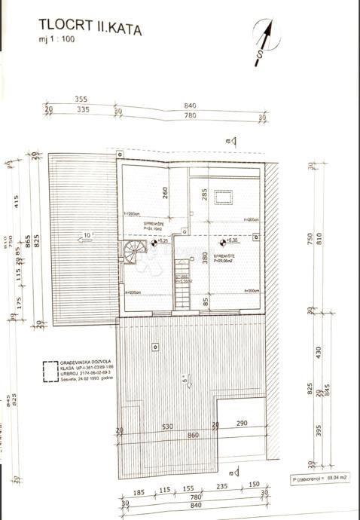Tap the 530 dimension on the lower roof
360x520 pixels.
coord(166,427)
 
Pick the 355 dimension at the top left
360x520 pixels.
coord(82,99)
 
